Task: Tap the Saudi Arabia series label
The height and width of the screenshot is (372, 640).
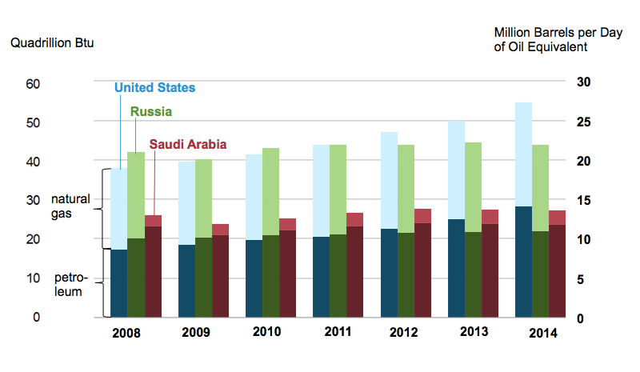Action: click(186, 144)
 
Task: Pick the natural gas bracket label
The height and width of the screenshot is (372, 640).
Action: click(70, 205)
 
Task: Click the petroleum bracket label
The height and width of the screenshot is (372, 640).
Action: click(69, 284)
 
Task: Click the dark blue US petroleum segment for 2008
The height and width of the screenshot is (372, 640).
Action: click(118, 283)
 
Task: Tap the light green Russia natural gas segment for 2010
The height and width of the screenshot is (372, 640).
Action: click(270, 191)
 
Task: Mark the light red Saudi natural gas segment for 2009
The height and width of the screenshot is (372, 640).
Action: click(220, 230)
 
